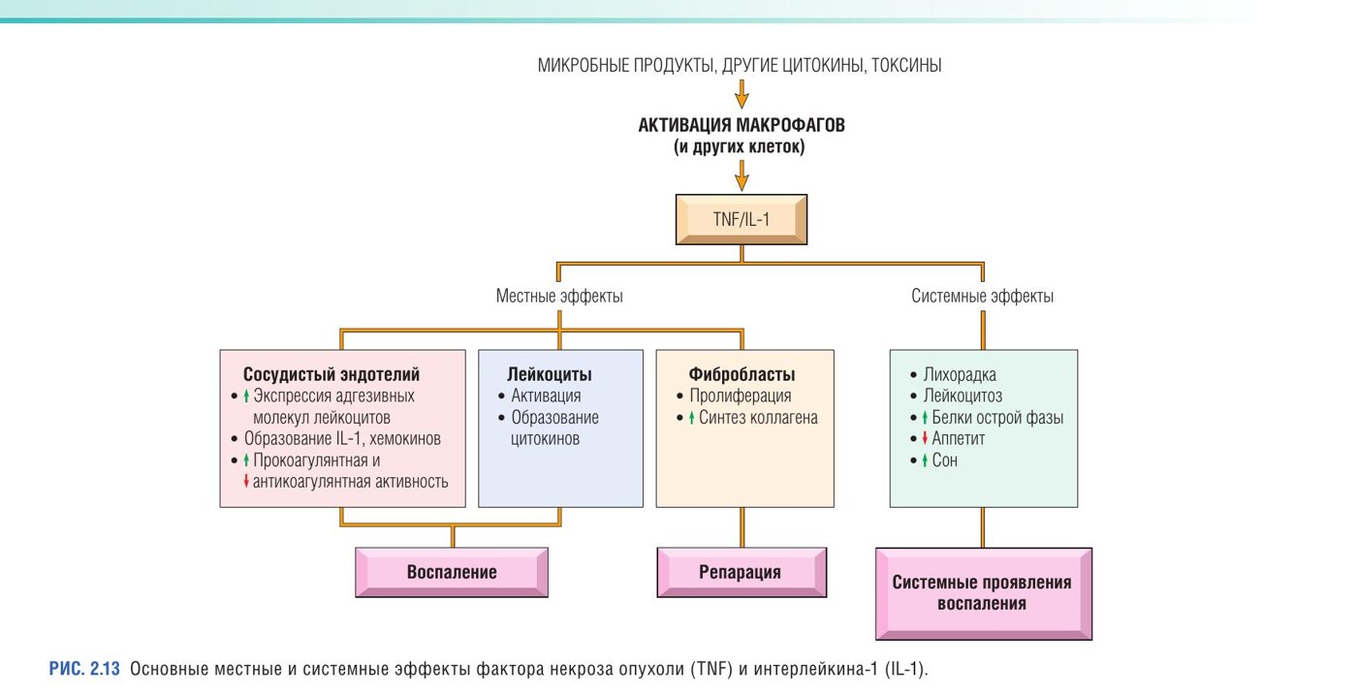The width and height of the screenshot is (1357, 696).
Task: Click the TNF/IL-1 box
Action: [x=742, y=219]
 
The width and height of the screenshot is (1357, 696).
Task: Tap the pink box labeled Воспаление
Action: [x=452, y=573]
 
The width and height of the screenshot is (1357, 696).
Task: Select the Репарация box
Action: [x=742, y=573]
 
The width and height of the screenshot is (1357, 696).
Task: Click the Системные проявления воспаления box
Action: [x=983, y=593]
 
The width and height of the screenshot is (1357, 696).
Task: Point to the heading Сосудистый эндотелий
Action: [x=331, y=374]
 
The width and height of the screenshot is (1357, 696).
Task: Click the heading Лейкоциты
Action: [x=550, y=374]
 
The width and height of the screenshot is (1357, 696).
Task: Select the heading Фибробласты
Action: [x=742, y=374]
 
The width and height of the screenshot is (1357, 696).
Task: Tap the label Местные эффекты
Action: [x=559, y=297]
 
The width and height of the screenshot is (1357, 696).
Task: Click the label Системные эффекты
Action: [x=982, y=297]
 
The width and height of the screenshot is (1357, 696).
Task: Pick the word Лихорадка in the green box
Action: [x=960, y=375]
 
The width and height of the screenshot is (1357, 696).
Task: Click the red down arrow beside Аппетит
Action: [x=925, y=438]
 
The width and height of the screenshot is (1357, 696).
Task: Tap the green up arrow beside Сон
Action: [x=925, y=460]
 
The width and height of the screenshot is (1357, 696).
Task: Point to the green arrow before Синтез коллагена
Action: [x=691, y=418]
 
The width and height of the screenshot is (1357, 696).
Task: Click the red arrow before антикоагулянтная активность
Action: [x=246, y=482]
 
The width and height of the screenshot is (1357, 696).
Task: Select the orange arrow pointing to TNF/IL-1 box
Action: [x=742, y=175]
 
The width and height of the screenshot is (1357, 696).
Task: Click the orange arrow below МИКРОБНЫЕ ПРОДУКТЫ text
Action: [x=742, y=94]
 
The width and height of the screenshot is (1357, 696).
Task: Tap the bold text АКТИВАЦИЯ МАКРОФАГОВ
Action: [x=742, y=125]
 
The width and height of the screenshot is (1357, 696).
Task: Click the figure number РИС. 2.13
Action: [x=84, y=669]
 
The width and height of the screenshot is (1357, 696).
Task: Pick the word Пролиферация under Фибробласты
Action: [x=741, y=396]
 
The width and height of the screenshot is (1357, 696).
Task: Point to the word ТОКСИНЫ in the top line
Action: [x=906, y=65]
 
